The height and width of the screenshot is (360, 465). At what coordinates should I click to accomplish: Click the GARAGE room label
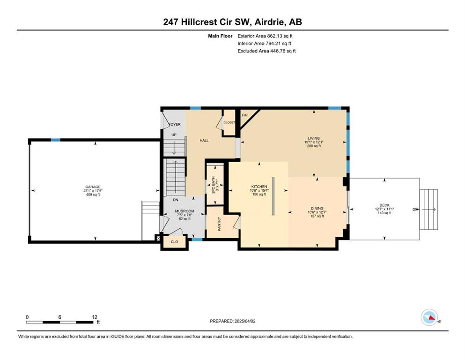point(93,187)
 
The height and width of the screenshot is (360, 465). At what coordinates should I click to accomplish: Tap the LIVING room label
point(314,138)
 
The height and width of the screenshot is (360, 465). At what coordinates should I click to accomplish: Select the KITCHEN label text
point(259,187)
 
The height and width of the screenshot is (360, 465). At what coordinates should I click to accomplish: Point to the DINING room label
point(317,208)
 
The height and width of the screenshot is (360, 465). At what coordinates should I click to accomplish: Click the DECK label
point(384,205)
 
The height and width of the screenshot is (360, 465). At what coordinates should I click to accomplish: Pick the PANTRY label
point(219,224)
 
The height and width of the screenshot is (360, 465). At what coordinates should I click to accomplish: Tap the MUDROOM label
point(185,211)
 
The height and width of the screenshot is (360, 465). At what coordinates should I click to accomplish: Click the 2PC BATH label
point(213,185)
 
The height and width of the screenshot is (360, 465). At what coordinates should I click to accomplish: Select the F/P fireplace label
point(244,115)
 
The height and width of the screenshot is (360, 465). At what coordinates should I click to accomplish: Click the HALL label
point(204,140)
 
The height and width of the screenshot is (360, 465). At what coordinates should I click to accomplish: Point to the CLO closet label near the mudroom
point(174,241)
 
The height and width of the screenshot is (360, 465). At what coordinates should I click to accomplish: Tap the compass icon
point(429,317)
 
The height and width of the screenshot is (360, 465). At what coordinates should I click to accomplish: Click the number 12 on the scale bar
point(95,317)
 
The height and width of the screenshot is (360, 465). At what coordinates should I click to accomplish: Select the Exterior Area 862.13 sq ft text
point(265,36)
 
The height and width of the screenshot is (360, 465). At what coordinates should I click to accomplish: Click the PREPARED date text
point(232,321)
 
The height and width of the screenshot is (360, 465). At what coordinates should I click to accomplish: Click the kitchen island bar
point(273,196)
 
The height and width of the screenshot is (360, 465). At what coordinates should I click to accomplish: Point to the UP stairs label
point(174,135)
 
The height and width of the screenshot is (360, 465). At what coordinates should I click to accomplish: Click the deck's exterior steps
point(429,210)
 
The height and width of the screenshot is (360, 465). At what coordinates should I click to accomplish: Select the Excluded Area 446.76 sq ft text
point(266,51)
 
